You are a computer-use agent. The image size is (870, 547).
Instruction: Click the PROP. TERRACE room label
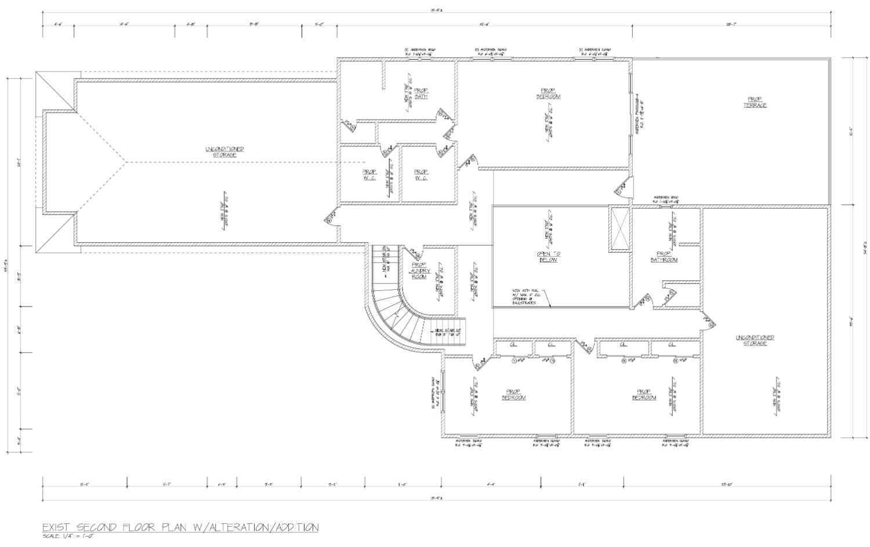[x=755, y=102]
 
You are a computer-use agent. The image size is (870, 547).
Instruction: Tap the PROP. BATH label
[x=420, y=93]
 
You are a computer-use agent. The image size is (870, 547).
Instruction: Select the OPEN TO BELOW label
[x=548, y=257]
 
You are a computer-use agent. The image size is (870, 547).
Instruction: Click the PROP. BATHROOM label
[x=664, y=257]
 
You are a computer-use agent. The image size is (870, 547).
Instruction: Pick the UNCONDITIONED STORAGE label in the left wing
[x=224, y=152]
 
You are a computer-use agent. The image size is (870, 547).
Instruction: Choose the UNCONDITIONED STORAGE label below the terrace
[x=755, y=340]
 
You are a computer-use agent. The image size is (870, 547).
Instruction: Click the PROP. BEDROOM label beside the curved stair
[x=513, y=395]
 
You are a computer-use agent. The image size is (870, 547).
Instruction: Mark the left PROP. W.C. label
[x=369, y=174]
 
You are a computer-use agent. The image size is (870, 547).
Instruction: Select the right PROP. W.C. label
[x=421, y=174]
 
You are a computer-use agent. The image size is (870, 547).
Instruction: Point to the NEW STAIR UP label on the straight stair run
[x=448, y=332]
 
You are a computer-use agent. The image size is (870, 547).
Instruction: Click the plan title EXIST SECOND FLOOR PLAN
[x=180, y=527]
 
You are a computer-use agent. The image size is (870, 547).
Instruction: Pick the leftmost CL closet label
[x=513, y=345]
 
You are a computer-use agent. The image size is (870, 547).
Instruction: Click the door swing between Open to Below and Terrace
[x=621, y=189]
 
